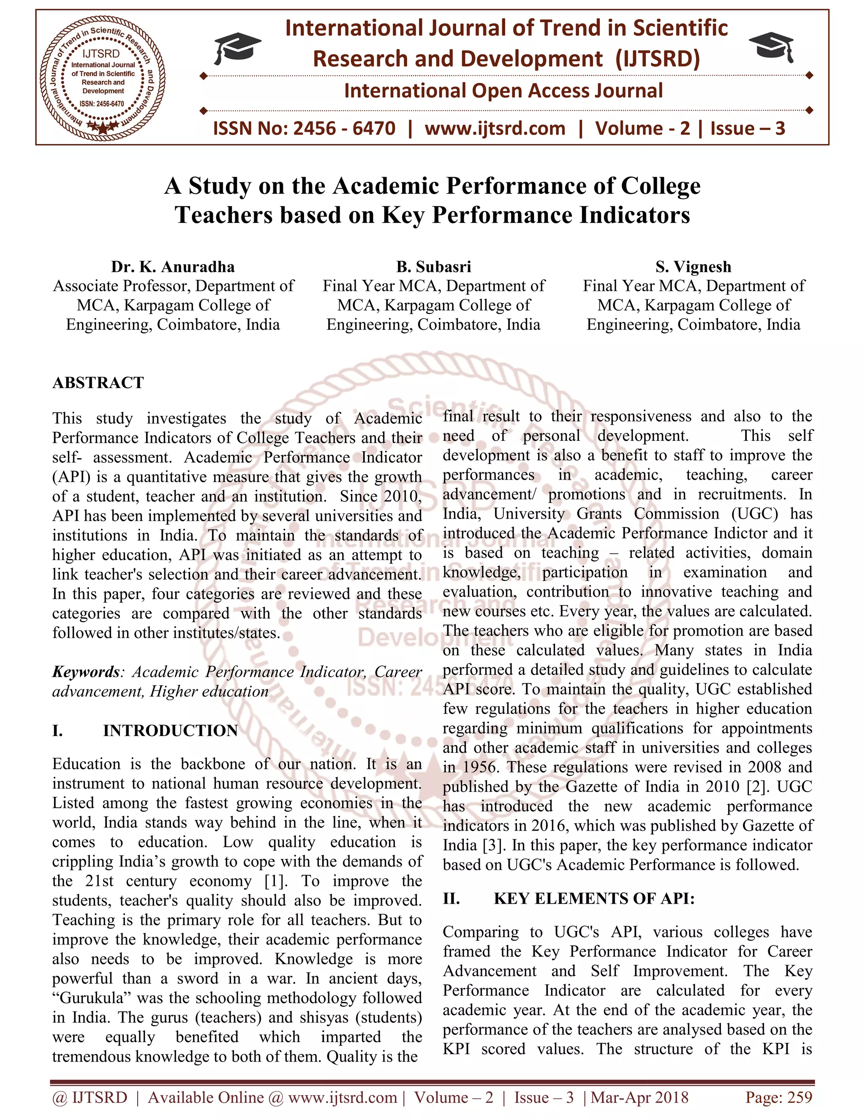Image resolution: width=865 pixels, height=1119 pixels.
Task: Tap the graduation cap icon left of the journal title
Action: pyautogui.click(x=237, y=48)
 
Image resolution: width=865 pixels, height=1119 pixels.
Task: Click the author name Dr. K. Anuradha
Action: pyautogui.click(x=173, y=267)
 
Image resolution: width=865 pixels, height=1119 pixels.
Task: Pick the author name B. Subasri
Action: pyautogui.click(x=433, y=267)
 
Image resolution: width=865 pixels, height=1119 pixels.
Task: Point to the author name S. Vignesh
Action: pyautogui.click(x=694, y=267)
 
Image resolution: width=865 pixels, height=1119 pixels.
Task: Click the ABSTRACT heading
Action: pyautogui.click(x=98, y=383)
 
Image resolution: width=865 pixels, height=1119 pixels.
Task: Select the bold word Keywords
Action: pyautogui.click(x=86, y=672)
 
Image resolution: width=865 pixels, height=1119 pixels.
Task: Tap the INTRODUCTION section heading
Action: pyautogui.click(x=170, y=731)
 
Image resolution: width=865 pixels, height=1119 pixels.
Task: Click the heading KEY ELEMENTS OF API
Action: pyautogui.click(x=593, y=899)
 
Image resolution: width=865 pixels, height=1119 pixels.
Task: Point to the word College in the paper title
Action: pyautogui.click(x=661, y=186)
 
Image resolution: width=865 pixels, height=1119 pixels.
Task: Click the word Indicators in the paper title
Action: pyautogui.click(x=634, y=215)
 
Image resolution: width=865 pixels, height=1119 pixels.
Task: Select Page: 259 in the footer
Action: pyautogui.click(x=779, y=1097)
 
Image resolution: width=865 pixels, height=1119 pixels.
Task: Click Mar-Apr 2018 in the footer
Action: pyautogui.click(x=639, y=1097)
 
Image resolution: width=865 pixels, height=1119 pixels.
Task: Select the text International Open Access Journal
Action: pyautogui.click(x=503, y=91)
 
